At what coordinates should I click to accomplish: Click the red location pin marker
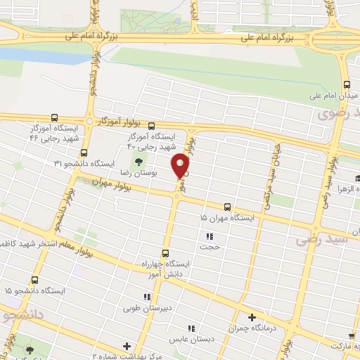tap(181, 167)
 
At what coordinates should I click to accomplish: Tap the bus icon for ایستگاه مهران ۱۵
tap(227, 207)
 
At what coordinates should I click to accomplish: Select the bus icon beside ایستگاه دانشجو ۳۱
tap(84, 152)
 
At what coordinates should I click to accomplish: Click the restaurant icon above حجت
tap(209, 236)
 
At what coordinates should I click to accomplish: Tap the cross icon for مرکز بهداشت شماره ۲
tap(127, 346)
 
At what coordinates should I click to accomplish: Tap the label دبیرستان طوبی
tap(143, 307)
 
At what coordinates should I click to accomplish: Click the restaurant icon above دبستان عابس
tap(190, 328)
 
